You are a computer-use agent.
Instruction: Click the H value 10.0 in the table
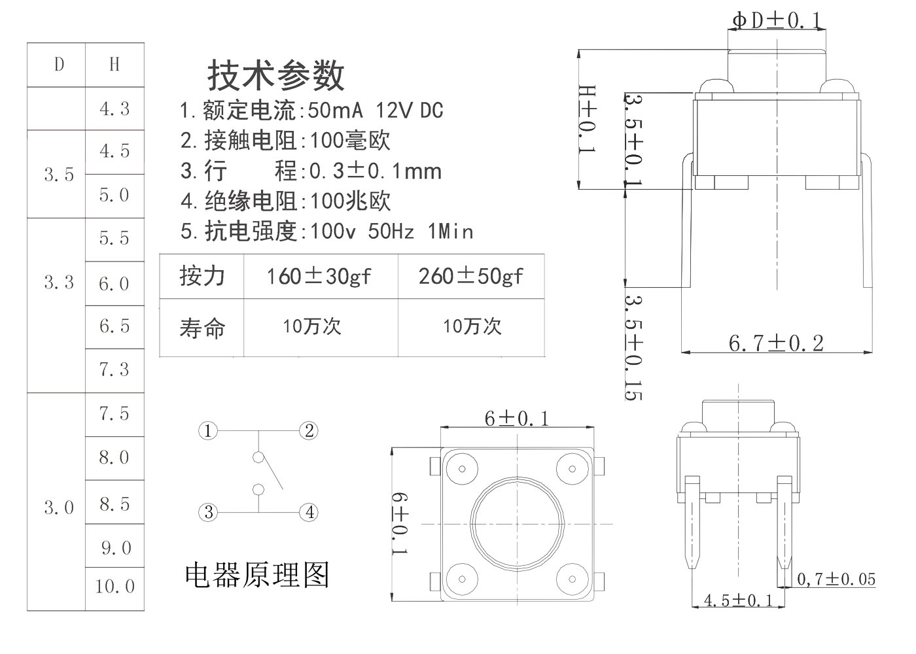pos(114,586)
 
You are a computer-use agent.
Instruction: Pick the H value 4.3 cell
pos(114,109)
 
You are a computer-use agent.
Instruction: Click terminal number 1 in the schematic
pos(207,431)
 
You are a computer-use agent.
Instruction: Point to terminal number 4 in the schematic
pos(309,512)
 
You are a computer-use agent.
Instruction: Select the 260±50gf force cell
pos(471,277)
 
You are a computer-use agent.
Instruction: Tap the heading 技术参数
pos(276,75)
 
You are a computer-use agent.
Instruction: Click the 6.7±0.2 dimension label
pos(776,343)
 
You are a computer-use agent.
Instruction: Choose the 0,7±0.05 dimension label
pos(836,579)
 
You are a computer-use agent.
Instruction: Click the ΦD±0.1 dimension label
pos(776,21)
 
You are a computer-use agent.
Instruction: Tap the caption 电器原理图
pos(257,575)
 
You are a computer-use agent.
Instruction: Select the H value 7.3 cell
pos(114,370)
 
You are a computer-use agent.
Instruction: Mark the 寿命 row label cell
pos(202,328)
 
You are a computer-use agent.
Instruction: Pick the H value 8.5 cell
pos(114,504)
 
